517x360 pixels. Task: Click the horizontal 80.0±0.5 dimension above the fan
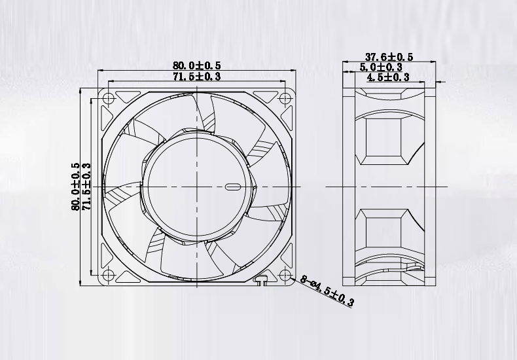click(x=196, y=65)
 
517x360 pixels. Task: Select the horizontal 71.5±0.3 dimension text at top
click(x=196, y=77)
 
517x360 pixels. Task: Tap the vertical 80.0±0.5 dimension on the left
click(x=76, y=187)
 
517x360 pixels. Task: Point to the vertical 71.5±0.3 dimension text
click(x=86, y=187)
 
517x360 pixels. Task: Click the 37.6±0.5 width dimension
click(x=389, y=57)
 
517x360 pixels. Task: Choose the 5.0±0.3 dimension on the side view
click(x=381, y=67)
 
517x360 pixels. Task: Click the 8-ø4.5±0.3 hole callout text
click(x=327, y=291)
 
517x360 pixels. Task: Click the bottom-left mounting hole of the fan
click(x=108, y=275)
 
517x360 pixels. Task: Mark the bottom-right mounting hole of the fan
click(x=285, y=275)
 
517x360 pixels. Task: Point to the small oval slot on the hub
click(x=233, y=187)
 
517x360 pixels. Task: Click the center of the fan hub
click(x=196, y=187)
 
